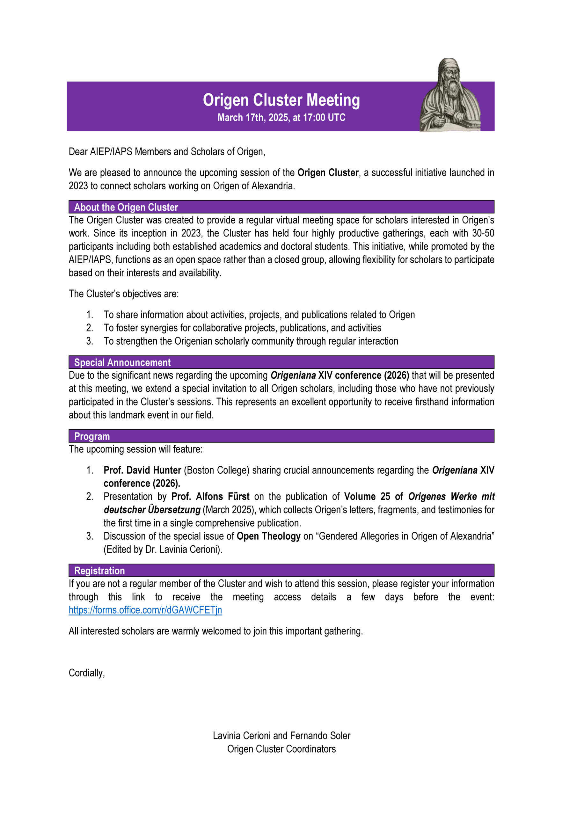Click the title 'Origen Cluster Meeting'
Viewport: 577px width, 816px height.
pyautogui.click(x=281, y=100)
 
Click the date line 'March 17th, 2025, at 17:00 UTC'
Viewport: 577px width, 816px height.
pyautogui.click(x=281, y=118)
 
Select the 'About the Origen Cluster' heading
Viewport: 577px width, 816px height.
pyautogui.click(x=126, y=207)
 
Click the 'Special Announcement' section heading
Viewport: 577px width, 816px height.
pyautogui.click(x=122, y=362)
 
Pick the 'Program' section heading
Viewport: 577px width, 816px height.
pyautogui.click(x=92, y=436)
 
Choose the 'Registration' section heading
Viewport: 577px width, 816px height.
pyautogui.click(x=99, y=571)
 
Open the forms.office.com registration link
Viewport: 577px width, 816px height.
pyautogui.click(x=145, y=610)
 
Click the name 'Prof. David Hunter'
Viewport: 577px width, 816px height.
pyautogui.click(x=142, y=470)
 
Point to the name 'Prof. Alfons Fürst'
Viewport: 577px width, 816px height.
pyautogui.click(x=210, y=497)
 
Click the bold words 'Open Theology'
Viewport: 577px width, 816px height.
pyautogui.click(x=268, y=536)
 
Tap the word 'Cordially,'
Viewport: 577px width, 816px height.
pyautogui.click(x=87, y=673)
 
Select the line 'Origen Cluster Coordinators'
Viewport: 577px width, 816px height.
pyautogui.click(x=281, y=749)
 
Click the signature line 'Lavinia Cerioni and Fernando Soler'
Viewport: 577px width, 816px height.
pyautogui.click(x=281, y=736)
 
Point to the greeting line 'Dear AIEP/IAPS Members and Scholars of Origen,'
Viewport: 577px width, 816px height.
pyautogui.click(x=167, y=152)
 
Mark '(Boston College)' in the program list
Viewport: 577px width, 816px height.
pyautogui.click(x=216, y=470)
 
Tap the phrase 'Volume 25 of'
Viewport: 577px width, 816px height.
pyautogui.click(x=373, y=497)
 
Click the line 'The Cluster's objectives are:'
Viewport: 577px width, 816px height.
pyautogui.click(x=123, y=294)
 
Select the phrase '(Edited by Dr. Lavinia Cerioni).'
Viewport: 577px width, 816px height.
pyautogui.click(x=163, y=550)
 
